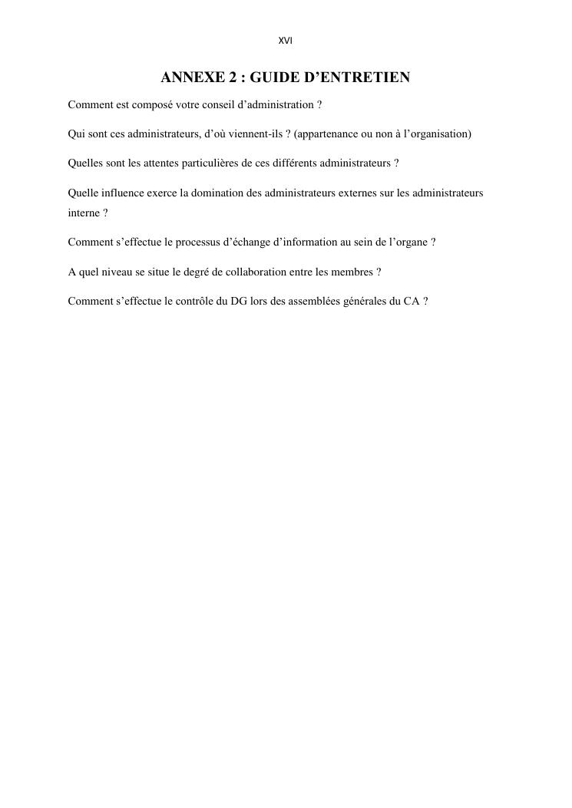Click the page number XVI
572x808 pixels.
286,41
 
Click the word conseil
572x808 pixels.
217,104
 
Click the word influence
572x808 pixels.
121,193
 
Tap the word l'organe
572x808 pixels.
406,242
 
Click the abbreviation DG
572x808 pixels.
239,302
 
